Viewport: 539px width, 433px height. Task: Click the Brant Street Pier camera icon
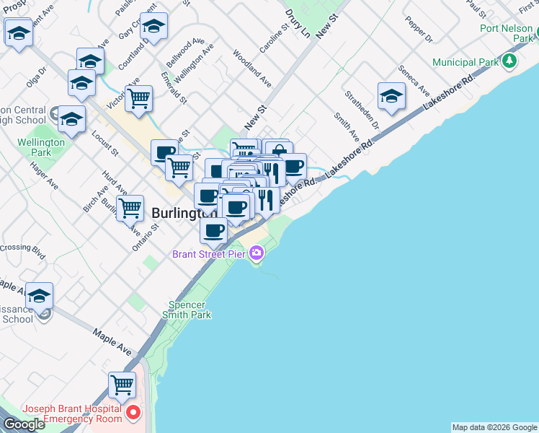(x=256, y=253)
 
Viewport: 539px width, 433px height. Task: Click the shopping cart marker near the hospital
(x=122, y=385)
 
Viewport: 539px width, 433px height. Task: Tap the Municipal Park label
(x=465, y=62)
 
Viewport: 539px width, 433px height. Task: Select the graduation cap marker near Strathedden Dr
(x=391, y=96)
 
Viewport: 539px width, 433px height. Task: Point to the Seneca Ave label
(x=411, y=84)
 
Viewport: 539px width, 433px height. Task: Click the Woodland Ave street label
(x=251, y=67)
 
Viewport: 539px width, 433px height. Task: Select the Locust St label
(x=105, y=144)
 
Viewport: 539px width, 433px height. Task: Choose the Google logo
(x=23, y=424)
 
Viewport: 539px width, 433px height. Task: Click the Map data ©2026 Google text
(x=494, y=427)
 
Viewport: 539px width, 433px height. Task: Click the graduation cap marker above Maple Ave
(x=40, y=296)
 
